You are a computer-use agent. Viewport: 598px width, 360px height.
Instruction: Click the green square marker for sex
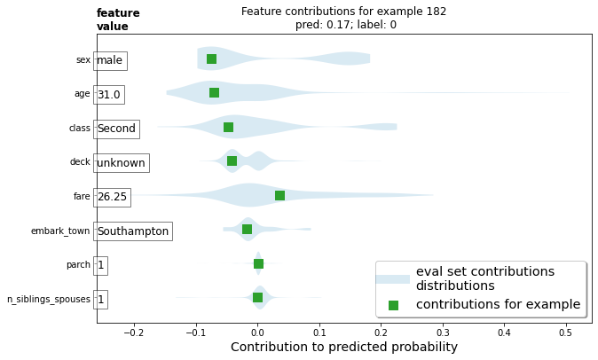click(211, 59)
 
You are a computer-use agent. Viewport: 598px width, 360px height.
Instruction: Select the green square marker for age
click(214, 92)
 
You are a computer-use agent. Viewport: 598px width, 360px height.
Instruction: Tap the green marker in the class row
click(228, 128)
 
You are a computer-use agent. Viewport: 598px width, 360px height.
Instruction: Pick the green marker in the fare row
click(279, 195)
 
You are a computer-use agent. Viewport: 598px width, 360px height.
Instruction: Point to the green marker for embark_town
click(247, 230)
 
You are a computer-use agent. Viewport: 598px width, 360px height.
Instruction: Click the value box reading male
click(110, 60)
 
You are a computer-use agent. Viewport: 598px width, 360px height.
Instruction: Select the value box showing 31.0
click(109, 94)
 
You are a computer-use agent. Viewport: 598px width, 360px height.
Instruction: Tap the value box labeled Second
click(116, 129)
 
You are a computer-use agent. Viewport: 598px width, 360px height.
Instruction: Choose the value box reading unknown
click(121, 163)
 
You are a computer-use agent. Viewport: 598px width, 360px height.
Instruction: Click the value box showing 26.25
click(112, 197)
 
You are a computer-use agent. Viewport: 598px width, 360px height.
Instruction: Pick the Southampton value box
click(132, 231)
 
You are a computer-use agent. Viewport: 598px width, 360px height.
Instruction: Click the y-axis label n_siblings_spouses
click(49, 300)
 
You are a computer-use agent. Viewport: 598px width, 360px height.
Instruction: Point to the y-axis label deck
click(80, 161)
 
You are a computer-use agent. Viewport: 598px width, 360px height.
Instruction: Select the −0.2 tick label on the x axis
click(134, 333)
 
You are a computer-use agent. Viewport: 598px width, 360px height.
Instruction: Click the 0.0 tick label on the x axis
click(257, 333)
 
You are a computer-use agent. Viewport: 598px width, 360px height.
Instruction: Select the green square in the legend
click(393, 305)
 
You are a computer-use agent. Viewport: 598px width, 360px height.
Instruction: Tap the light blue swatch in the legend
click(393, 278)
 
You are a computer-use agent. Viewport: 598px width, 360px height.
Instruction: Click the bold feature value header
click(118, 20)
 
